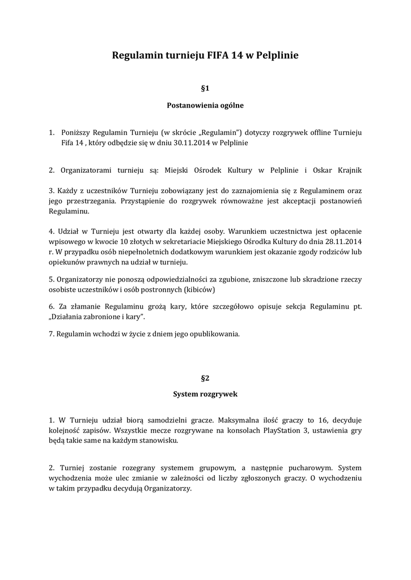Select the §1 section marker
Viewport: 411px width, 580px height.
(x=205, y=88)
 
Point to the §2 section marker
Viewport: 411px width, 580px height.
(x=205, y=377)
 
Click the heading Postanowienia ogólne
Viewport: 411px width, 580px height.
(x=205, y=105)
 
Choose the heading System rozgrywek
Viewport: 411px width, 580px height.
(x=205, y=393)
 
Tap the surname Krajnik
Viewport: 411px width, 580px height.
(x=347, y=170)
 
